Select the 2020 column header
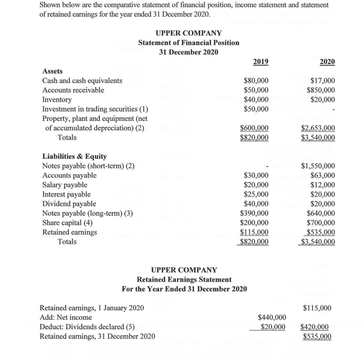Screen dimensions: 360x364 point(327,62)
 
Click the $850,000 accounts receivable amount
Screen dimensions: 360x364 point(320,90)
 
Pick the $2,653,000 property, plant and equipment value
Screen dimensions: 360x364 point(318,128)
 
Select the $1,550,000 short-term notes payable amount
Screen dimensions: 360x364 point(318,166)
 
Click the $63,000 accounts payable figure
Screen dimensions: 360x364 point(322,175)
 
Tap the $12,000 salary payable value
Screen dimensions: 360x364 point(322,185)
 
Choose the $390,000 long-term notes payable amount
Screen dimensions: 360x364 point(254,213)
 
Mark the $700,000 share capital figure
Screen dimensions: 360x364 point(320,222)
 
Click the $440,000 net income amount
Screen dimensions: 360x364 point(271,317)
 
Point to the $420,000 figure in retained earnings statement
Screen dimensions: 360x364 point(316,327)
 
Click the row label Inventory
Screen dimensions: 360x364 point(57,100)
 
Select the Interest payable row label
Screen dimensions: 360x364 point(66,194)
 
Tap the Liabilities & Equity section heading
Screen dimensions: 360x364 point(75,156)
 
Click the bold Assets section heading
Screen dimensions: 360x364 point(52,71)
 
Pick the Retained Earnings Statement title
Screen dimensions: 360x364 point(184,279)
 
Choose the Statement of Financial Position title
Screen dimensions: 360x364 point(188,43)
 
